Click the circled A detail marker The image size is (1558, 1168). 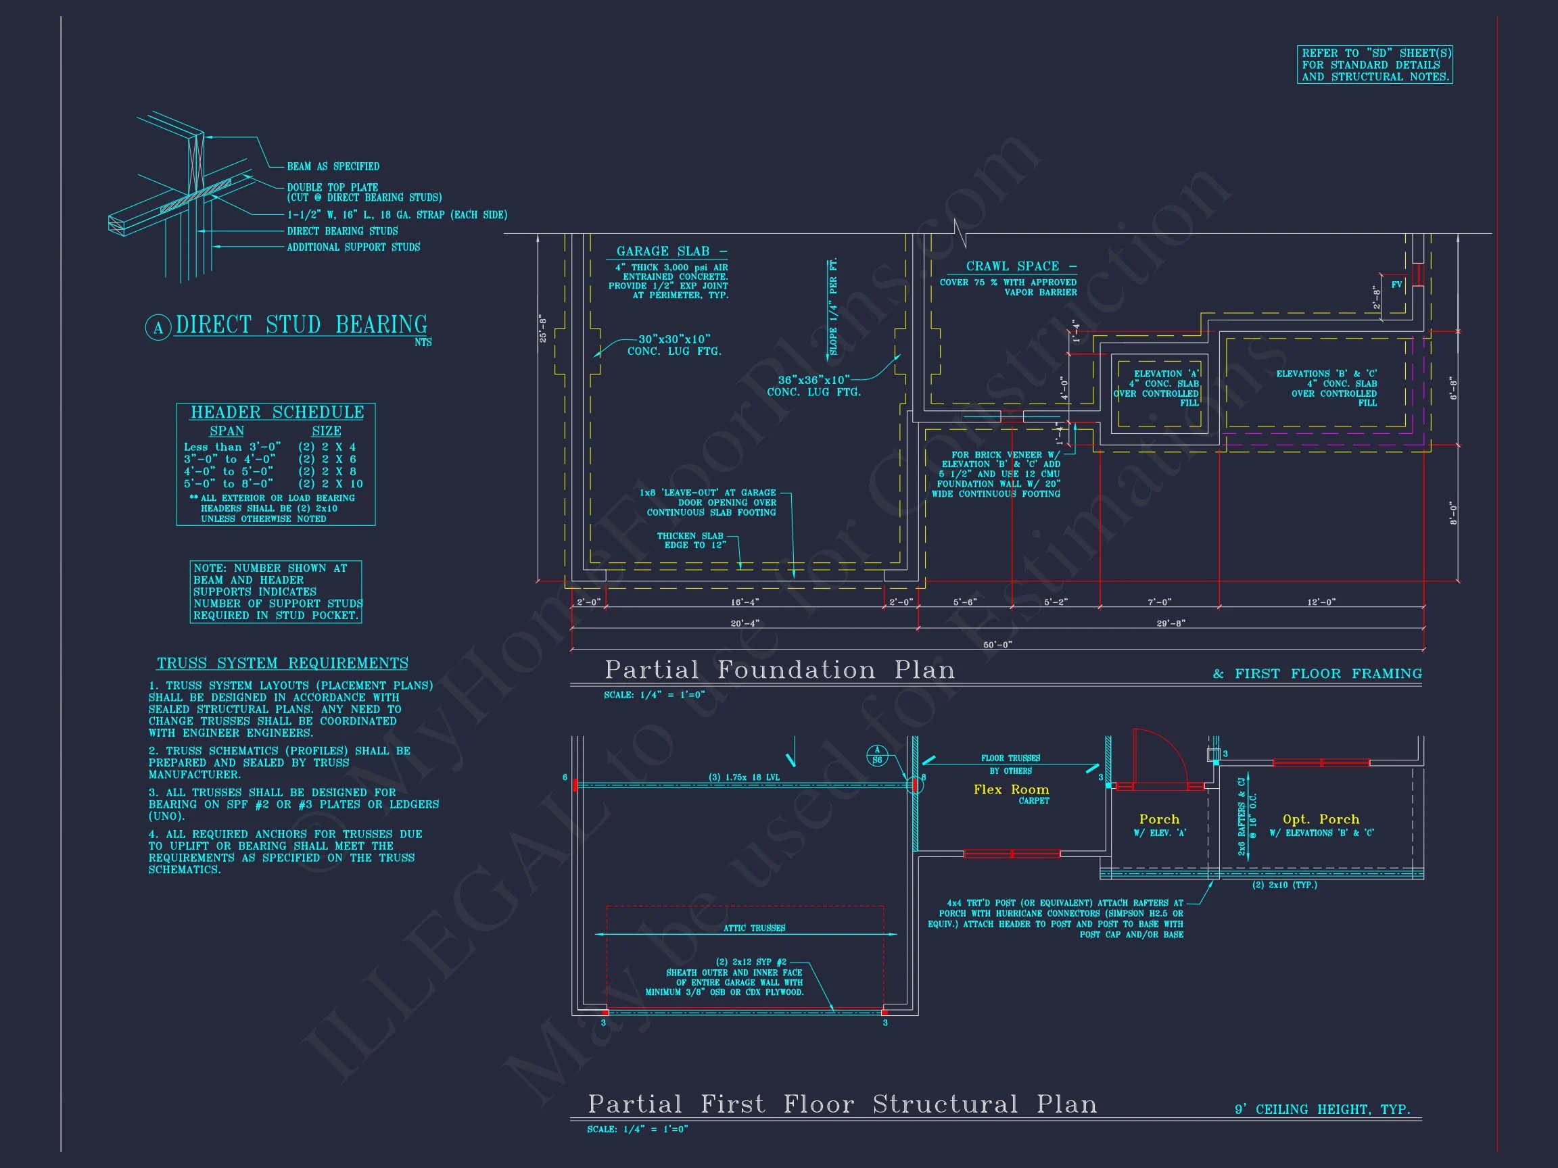(158, 328)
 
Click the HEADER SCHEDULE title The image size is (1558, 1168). (277, 412)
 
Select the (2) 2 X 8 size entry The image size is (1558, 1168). (327, 472)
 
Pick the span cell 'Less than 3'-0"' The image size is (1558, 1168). (233, 447)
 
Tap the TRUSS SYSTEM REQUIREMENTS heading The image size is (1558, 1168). (283, 663)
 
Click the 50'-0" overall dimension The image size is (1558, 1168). (997, 644)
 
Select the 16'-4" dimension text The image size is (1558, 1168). (745, 602)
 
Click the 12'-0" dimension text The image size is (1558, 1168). (1321, 602)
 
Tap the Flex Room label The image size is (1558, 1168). (1011, 790)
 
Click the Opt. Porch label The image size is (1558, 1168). (1321, 819)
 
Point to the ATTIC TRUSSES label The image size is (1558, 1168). (754, 928)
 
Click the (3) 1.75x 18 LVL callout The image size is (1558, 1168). (744, 777)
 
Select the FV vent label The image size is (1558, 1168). (1396, 285)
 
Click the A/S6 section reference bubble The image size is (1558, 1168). (877, 756)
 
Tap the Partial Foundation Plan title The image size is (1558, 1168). (780, 670)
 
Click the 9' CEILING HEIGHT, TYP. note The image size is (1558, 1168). (1322, 1110)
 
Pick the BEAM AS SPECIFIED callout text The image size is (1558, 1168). (333, 167)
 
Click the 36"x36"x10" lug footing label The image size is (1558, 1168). (813, 380)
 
